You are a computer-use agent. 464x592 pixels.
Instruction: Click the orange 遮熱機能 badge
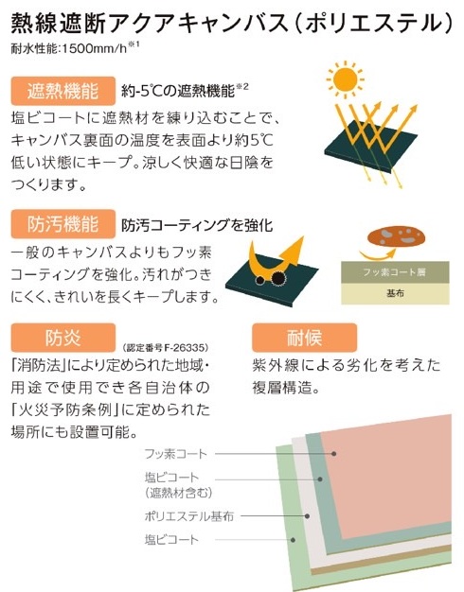[63, 91]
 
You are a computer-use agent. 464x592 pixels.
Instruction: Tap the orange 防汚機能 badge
[63, 224]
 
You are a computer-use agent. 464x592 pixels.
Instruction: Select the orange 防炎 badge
[63, 338]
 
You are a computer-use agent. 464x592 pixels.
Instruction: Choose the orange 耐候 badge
[304, 338]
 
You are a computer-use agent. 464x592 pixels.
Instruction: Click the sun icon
[345, 79]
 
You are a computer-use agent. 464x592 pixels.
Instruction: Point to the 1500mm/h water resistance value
[94, 49]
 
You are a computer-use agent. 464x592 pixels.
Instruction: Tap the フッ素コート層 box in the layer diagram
[395, 272]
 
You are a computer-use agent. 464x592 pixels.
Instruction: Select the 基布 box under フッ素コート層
[395, 294]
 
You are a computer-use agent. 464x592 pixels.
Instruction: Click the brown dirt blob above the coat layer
[396, 236]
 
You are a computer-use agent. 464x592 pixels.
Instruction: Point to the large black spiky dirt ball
[278, 277]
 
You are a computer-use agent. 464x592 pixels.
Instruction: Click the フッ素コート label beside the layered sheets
[176, 453]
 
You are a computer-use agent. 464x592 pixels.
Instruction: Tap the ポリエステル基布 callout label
[189, 516]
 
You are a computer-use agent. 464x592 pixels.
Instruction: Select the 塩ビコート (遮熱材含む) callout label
[178, 485]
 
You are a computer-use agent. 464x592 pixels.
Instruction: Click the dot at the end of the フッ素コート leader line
[334, 453]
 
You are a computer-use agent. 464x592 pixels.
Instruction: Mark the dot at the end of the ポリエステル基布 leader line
[307, 516]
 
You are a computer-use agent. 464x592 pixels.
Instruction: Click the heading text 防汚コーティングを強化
[197, 225]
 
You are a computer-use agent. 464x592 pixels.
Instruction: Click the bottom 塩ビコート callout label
[171, 540]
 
